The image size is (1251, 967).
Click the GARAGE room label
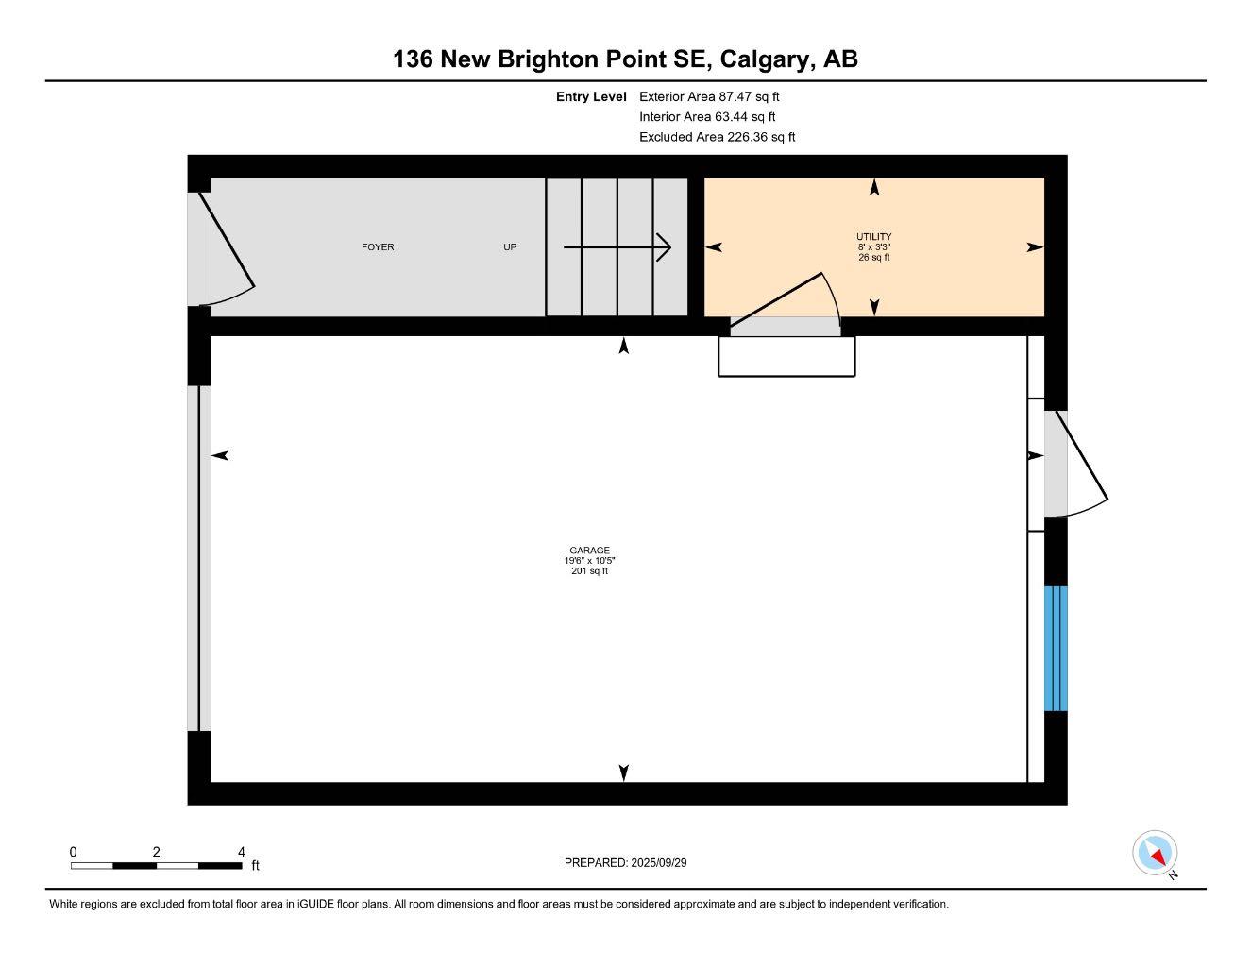[x=589, y=551]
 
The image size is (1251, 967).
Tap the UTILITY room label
[x=873, y=237]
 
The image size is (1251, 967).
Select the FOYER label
[x=378, y=247]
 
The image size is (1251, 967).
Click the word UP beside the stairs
[x=510, y=247]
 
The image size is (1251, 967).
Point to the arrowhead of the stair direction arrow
[x=666, y=247]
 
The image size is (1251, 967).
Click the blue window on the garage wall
[x=1056, y=648]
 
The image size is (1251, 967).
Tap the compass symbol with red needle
[x=1155, y=854]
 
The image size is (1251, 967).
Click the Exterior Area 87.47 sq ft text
[x=709, y=96]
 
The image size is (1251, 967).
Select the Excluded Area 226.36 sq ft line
[x=717, y=137]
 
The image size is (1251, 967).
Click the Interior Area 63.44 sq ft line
[x=707, y=117]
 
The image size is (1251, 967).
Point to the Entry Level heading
[x=591, y=96]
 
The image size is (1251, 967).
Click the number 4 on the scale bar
[x=242, y=851]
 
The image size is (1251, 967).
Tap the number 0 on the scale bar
[x=73, y=851]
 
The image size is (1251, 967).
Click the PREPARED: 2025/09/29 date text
[x=633, y=862]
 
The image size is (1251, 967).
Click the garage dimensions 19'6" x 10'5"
[x=589, y=561]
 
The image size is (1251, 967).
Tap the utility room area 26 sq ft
[x=873, y=257]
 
